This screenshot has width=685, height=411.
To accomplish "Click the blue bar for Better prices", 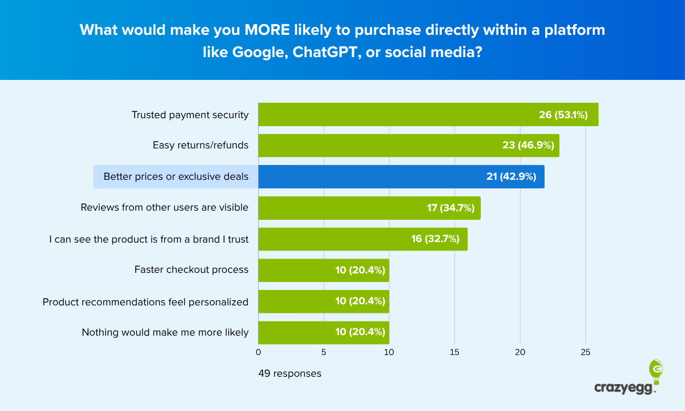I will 400,176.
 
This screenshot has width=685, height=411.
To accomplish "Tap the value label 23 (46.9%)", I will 528,146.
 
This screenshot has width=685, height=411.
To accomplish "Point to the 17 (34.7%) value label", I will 450,208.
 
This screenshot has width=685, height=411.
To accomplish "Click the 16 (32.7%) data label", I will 435,239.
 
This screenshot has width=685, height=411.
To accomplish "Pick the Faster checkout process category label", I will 191,269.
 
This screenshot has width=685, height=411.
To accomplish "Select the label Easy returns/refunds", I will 200,145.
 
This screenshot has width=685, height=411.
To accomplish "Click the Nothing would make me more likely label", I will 165,332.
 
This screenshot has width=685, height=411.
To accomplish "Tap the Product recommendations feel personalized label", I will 146,301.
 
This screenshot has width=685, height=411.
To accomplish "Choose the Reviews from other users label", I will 164,207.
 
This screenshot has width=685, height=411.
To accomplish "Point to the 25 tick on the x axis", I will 585,352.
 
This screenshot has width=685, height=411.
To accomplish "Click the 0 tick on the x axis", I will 259,352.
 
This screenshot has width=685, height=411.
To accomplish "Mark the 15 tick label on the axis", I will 454,352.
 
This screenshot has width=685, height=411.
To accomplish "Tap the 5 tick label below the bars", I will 324,352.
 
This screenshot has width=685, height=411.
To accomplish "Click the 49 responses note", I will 290,374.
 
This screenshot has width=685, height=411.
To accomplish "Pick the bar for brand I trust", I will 362,239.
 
